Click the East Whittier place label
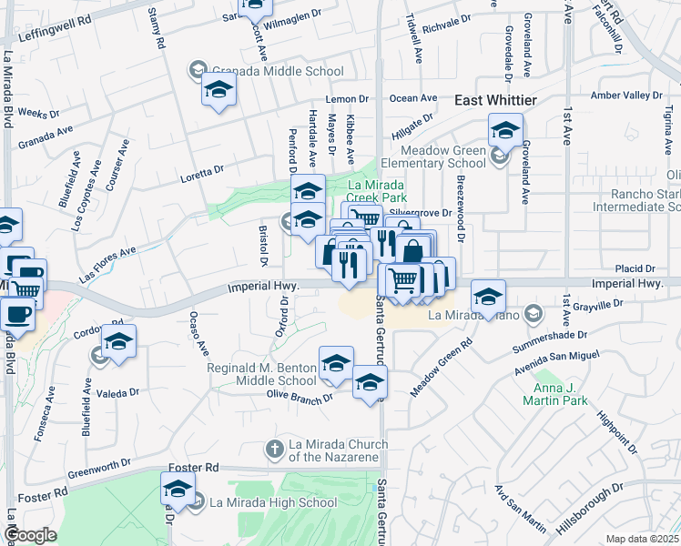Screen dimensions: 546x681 (495, 100)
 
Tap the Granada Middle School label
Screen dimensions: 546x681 (277, 71)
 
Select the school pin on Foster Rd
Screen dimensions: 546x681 (178, 490)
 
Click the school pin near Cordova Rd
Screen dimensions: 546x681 (118, 341)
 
